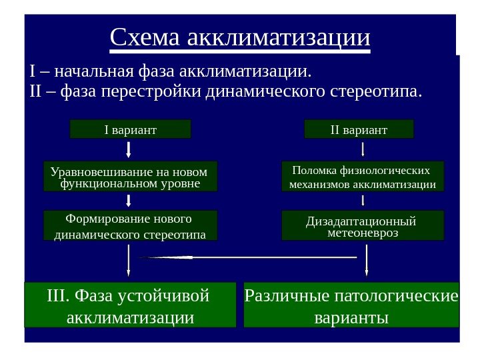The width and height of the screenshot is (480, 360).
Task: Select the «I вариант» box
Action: tap(131, 129)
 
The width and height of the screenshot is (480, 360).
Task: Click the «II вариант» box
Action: tap(359, 129)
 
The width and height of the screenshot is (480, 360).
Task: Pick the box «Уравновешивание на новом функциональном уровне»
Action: tap(130, 176)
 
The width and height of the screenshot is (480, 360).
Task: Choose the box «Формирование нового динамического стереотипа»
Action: tap(130, 227)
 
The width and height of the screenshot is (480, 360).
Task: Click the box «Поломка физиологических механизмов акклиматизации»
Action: tap(363, 176)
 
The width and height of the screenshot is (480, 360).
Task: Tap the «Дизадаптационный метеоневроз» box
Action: tap(363, 226)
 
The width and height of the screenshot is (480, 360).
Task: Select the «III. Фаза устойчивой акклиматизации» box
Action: tap(131, 305)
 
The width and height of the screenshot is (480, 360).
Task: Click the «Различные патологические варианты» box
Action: tap(352, 305)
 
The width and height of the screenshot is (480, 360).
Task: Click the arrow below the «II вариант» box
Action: tap(363, 148)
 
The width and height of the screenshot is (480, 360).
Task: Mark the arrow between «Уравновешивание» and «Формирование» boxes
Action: tap(128, 201)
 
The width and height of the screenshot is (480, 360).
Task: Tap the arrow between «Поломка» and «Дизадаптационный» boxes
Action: tap(363, 200)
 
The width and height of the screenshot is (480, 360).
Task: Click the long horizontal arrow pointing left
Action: tap(247, 257)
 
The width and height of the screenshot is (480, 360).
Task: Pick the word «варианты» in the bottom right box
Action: tap(351, 316)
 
